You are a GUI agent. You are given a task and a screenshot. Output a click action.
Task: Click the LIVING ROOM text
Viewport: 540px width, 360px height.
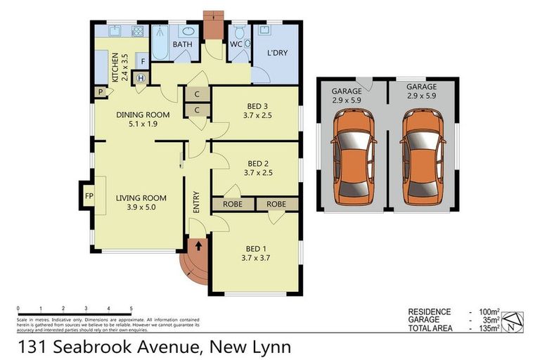141,203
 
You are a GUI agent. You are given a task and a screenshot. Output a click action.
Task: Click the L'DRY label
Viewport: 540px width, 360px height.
276,53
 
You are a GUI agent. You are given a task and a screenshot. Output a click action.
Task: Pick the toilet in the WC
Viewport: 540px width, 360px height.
238,32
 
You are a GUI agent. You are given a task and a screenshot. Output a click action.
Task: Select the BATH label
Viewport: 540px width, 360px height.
183,44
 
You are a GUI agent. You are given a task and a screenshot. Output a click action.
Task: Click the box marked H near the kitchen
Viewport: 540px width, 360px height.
141,78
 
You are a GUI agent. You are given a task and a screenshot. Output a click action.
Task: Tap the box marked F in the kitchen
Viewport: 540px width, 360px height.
142,60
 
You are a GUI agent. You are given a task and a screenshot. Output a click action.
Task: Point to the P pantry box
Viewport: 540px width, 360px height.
101,91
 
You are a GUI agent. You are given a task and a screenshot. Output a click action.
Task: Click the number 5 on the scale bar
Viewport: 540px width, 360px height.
131,309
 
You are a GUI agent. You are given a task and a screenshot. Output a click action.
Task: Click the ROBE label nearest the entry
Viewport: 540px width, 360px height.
233,204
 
